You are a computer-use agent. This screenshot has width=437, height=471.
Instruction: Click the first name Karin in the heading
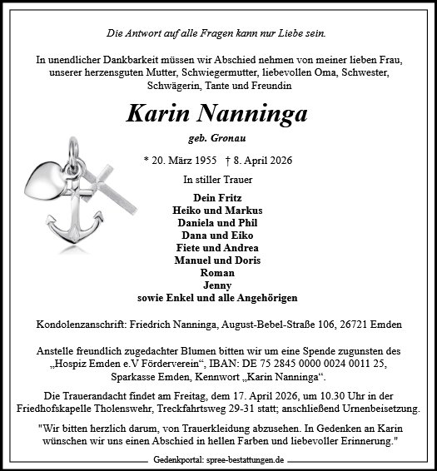click(161, 114)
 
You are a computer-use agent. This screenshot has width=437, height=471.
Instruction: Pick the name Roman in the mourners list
click(218, 273)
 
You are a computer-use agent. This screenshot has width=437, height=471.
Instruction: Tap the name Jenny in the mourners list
click(218, 285)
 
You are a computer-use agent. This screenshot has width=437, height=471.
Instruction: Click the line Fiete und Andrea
click(218, 248)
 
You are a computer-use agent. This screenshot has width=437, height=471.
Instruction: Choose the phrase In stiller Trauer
click(218, 179)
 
